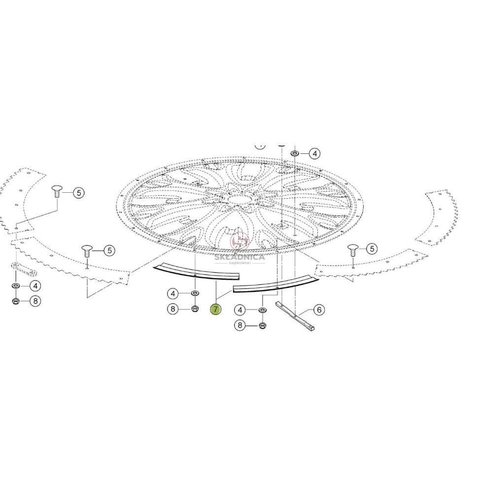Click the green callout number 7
[x=215, y=310]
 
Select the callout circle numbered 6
[x=319, y=310]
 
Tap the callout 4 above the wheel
[x=314, y=154]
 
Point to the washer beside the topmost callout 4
[x=295, y=153]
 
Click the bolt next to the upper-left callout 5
[x=57, y=191]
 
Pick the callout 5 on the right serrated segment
[x=372, y=249]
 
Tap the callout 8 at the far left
[x=35, y=301]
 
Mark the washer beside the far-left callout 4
[x=15, y=286]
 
